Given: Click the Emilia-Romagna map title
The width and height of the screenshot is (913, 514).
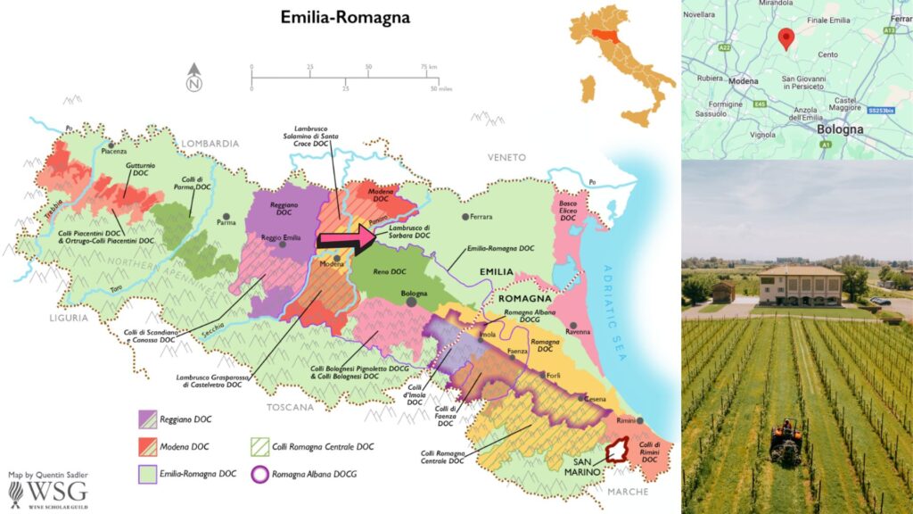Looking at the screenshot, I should [333, 16].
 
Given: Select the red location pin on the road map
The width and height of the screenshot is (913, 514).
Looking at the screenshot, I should [786, 38].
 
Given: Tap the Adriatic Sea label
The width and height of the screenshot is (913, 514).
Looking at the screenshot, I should [620, 299].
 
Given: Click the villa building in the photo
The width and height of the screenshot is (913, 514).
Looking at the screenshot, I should [802, 285].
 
